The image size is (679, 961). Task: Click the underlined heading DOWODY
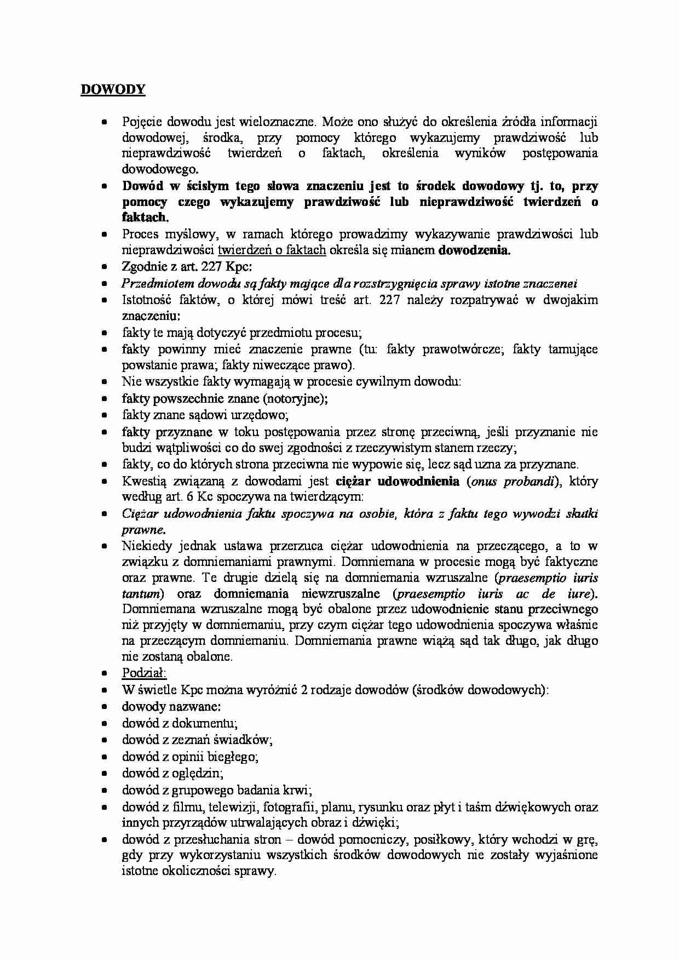tap(113, 90)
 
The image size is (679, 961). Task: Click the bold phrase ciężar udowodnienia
tap(398, 482)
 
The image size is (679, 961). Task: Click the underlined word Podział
tap(144, 673)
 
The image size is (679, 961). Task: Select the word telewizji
tap(237, 806)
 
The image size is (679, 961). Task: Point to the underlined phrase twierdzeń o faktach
tap(272, 251)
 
